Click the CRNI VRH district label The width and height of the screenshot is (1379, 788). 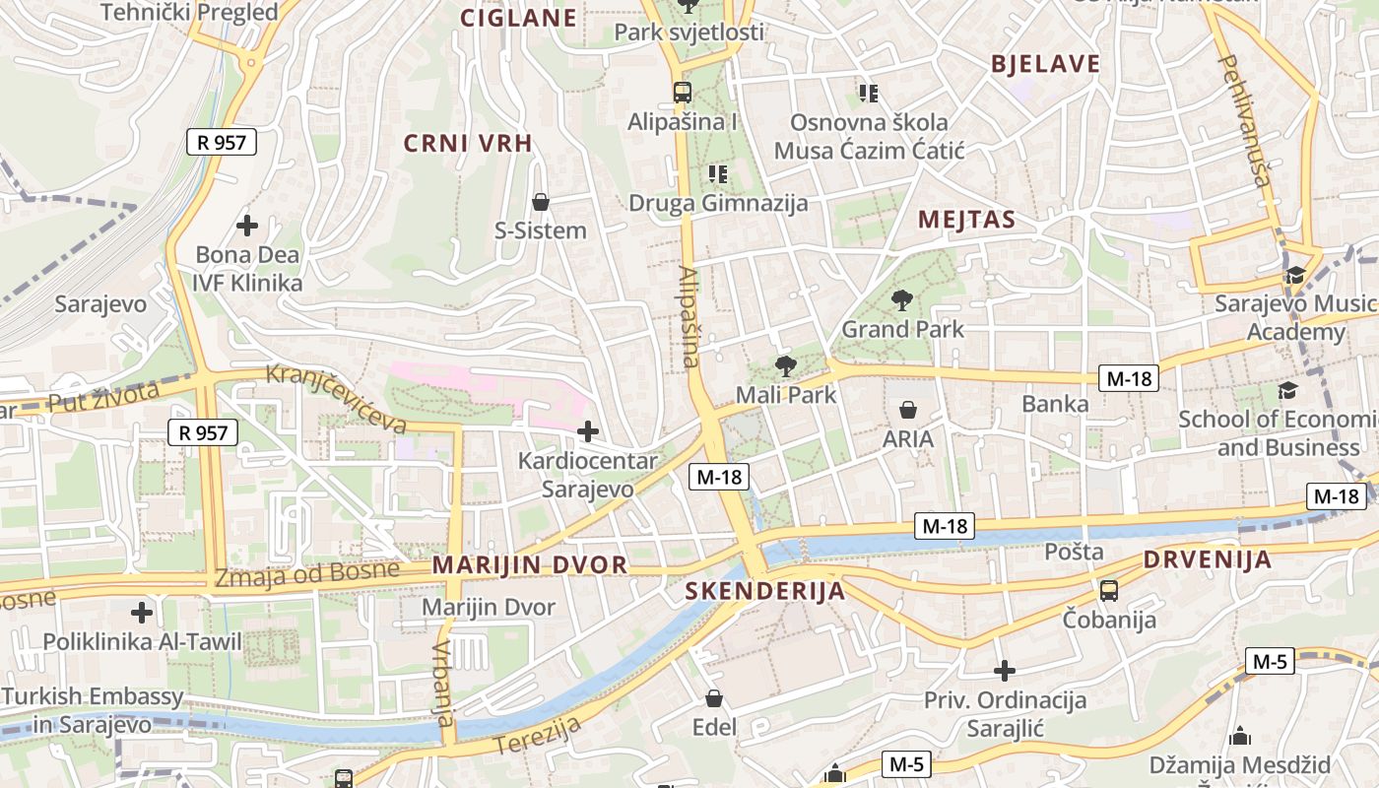pos(468,144)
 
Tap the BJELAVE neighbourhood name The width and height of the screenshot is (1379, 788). pos(1045,65)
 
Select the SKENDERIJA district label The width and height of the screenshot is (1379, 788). pos(764,591)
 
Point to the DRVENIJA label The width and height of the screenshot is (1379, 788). pos(1208,560)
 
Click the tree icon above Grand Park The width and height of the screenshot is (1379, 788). pos(901,300)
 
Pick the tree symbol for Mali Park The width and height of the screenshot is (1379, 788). pos(785,367)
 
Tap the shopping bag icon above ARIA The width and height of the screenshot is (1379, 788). pos(907,410)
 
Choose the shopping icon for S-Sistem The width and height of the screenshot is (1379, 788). pos(540,202)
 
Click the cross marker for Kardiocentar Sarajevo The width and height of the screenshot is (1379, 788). pos(588,431)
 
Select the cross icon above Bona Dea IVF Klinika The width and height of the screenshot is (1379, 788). pos(247,226)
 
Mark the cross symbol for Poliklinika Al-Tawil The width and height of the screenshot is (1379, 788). pos(142,613)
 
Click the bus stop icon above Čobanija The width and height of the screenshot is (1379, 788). pos(1109,591)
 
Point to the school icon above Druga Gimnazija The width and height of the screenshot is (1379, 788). pos(718,174)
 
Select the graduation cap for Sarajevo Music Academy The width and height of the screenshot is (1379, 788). pos(1294,275)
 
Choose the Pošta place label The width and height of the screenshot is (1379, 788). pos(1074,552)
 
